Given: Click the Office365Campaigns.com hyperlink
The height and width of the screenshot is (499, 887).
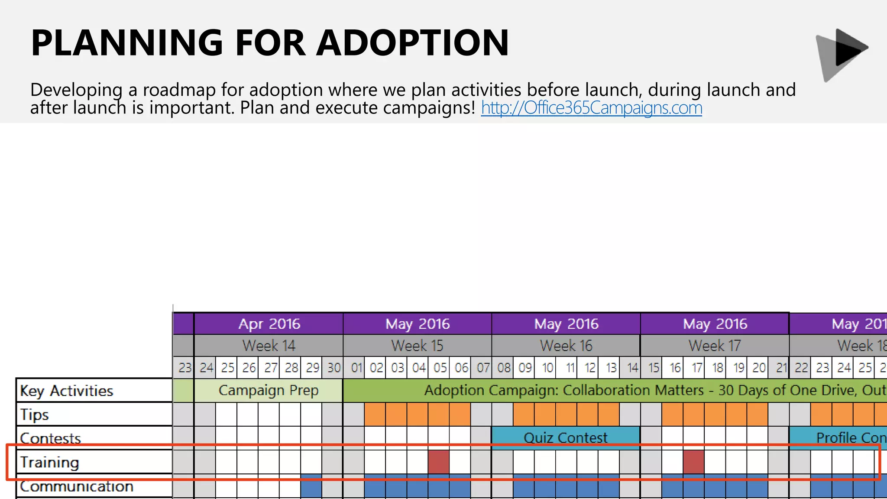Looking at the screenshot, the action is click(x=591, y=108).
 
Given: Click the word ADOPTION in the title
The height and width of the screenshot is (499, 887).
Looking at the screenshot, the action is click(x=412, y=43).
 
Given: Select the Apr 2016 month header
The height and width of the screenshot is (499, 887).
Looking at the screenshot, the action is click(x=269, y=324).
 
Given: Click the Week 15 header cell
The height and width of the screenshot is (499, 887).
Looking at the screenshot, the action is click(x=417, y=346).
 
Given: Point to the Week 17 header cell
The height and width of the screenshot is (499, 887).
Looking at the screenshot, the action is click(x=715, y=346).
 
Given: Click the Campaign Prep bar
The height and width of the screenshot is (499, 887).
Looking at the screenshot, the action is click(x=269, y=390).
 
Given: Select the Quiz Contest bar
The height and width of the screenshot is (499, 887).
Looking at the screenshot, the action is click(x=565, y=437).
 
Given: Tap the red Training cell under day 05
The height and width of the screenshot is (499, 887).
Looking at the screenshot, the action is click(x=439, y=462).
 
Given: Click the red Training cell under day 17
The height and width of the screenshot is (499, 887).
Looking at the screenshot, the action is click(x=694, y=462).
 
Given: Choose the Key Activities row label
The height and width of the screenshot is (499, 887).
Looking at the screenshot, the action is click(x=67, y=391).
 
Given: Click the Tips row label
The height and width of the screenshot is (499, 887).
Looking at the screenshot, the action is click(x=35, y=415).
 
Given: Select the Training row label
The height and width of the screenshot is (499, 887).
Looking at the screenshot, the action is click(x=50, y=462).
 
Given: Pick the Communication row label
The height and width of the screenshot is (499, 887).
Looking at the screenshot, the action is click(x=77, y=486).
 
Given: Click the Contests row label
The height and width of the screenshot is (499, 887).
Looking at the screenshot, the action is click(x=51, y=438).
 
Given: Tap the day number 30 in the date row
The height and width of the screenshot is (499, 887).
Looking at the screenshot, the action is click(x=333, y=368).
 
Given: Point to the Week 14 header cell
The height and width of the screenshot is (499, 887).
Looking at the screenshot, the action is click(x=269, y=346).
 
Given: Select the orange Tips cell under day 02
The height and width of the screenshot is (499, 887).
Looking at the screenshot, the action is click(x=375, y=415).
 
